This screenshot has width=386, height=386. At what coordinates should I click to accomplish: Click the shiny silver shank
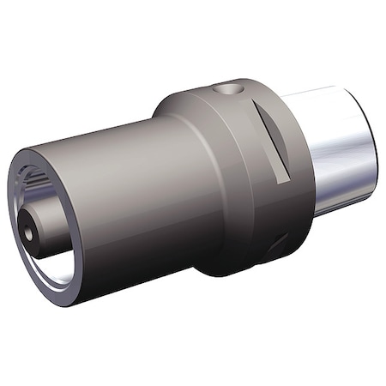tap(339, 150)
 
